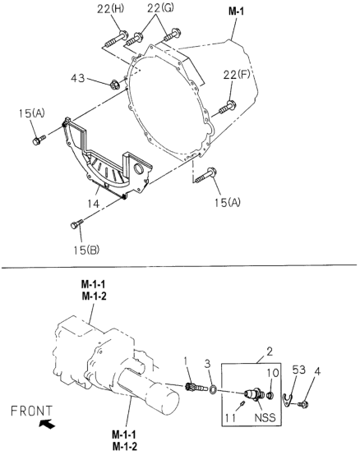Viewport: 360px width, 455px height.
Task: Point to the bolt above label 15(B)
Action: (x=77, y=223)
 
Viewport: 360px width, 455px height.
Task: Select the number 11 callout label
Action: (x=230, y=418)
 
